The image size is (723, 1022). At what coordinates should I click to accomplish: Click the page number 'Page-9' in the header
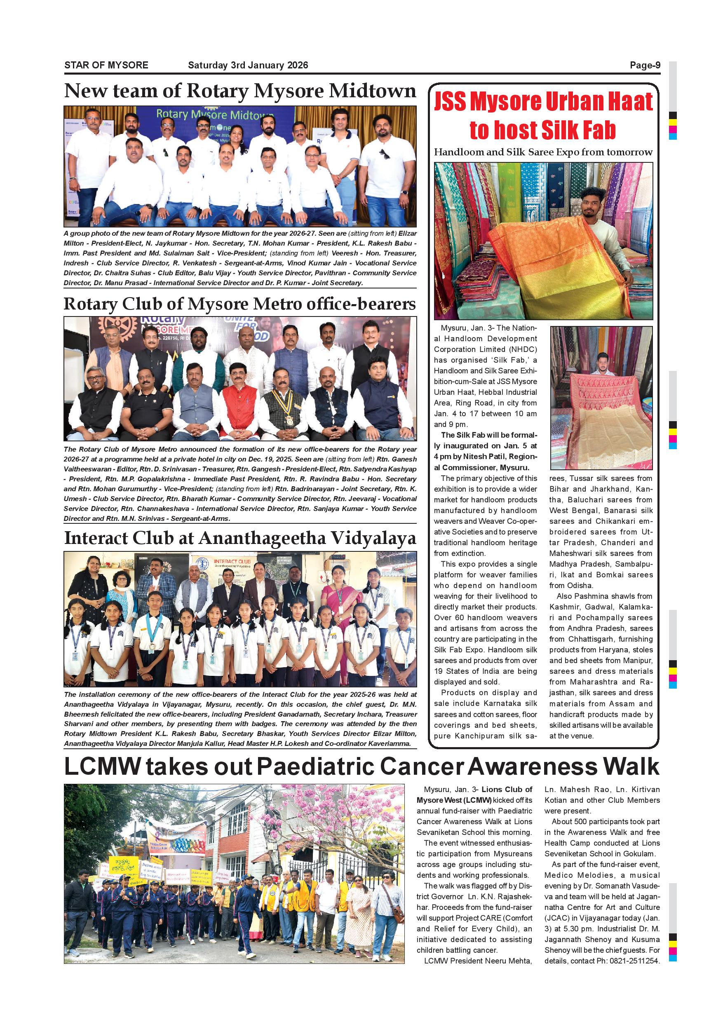click(645, 66)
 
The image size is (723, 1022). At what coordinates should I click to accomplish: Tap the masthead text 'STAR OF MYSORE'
click(106, 66)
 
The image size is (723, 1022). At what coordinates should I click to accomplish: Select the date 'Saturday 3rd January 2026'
click(248, 66)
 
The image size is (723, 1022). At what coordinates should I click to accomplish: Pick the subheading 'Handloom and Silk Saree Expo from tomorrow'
click(543, 152)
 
